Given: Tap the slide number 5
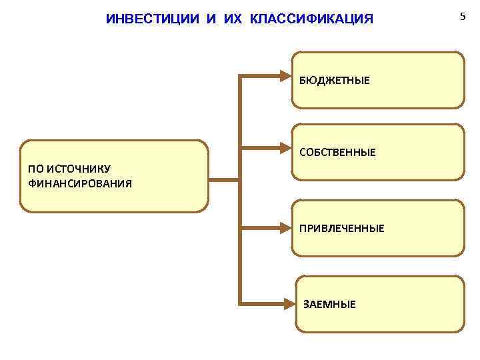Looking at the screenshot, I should click(x=462, y=15).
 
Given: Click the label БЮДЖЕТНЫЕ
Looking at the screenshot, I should click(x=334, y=81).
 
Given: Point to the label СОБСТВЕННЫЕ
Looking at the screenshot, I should click(x=337, y=153).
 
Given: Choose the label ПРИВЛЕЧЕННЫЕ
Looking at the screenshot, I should click(x=341, y=229).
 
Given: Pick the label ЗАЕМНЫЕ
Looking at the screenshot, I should click(x=329, y=305).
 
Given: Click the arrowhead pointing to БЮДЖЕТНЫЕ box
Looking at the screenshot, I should click(x=285, y=76).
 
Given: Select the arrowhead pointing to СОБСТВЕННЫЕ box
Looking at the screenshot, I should click(x=285, y=149).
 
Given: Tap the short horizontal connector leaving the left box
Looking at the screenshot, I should click(x=224, y=179).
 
